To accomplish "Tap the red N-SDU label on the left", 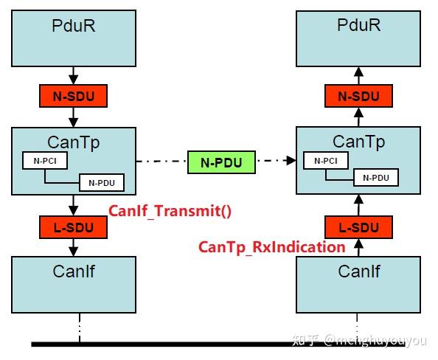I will click(74, 96).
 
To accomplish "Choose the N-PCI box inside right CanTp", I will click(327, 160).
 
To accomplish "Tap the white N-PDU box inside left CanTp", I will click(102, 181).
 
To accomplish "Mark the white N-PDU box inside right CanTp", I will click(375, 177).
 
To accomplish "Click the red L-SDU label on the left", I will click(74, 227).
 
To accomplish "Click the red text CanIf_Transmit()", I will click(170, 211).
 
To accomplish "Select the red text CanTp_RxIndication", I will click(272, 247).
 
